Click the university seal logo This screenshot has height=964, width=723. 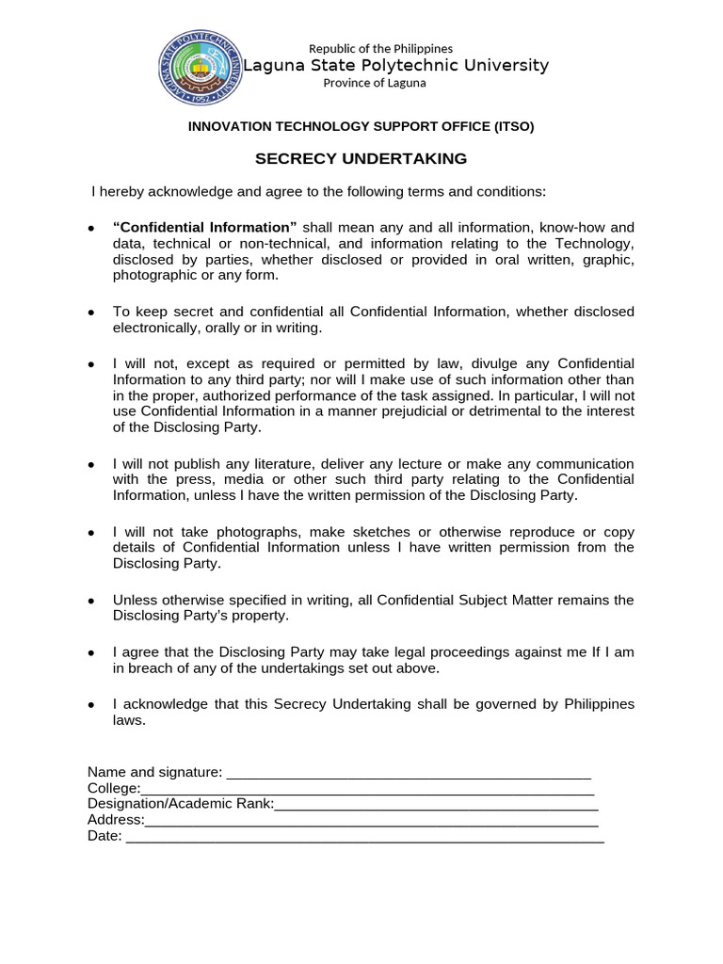200,67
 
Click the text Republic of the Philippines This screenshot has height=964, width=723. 381,48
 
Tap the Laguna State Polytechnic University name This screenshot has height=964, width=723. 396,65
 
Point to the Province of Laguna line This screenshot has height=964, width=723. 375,83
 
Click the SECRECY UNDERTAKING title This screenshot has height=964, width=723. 361,159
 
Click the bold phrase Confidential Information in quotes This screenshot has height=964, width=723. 204,228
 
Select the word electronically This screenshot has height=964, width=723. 156,329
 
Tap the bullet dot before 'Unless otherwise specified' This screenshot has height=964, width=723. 90,601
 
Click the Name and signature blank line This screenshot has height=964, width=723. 409,773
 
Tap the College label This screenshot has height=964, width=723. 114,789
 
